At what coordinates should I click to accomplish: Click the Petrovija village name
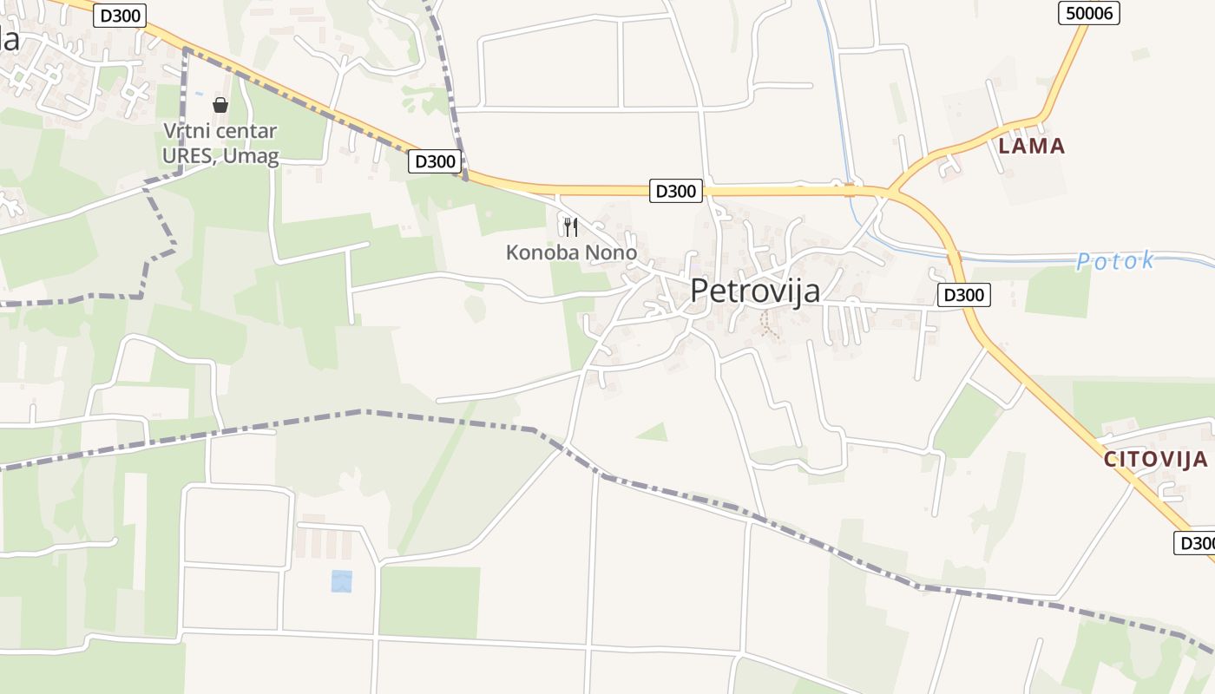(755, 291)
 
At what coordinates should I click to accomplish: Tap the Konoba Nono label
(571, 253)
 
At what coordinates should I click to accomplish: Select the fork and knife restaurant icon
(570, 227)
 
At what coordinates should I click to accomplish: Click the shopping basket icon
(220, 105)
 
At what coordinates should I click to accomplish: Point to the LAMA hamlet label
(1031, 146)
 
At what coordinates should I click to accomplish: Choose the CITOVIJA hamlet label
(1156, 460)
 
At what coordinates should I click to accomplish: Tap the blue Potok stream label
(1115, 261)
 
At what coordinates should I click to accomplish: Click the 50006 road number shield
(1089, 12)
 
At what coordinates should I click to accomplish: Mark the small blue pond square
(342, 581)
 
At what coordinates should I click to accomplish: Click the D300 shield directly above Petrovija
(675, 191)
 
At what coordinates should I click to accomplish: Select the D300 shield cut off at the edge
(1196, 543)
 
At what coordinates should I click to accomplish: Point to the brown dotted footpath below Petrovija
(767, 324)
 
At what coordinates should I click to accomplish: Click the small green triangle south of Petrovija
(653, 431)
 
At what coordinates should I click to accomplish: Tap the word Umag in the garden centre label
(258, 157)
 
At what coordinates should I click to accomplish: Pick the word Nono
(610, 253)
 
